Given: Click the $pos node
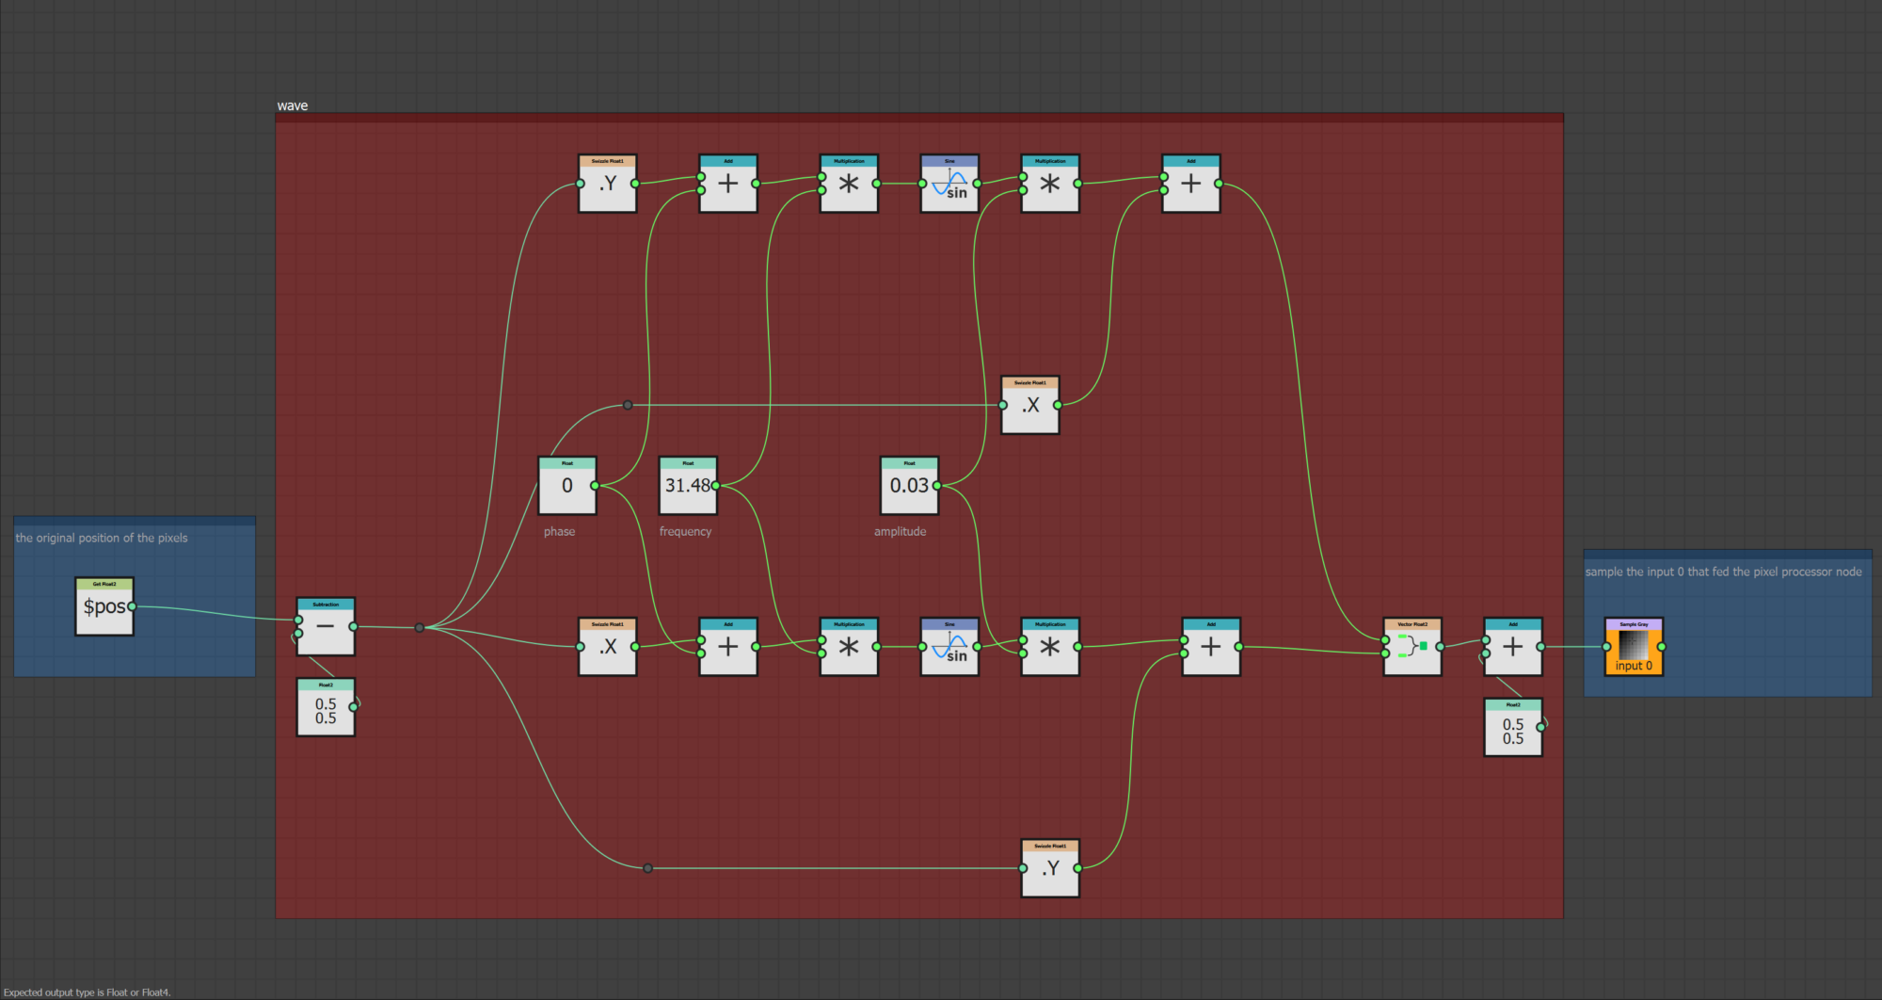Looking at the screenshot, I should point(104,607).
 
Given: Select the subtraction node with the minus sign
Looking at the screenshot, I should point(326,627).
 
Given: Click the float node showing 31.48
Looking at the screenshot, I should point(688,486).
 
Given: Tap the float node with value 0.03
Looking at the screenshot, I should point(909,486).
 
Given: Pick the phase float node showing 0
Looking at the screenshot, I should point(566,486).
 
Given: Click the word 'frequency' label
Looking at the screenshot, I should point(685,532).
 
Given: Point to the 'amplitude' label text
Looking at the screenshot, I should point(900,532).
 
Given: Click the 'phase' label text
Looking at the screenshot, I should point(559,532).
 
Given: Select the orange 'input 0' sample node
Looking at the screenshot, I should point(1634,648).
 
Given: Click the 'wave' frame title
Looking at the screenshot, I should point(293,105).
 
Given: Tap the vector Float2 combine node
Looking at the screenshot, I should point(1411,647).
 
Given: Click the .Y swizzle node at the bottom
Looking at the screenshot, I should point(1050,869).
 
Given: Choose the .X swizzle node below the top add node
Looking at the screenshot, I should point(1030,406).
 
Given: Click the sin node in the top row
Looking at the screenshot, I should point(949,185).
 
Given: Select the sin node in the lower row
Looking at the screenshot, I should point(949,648).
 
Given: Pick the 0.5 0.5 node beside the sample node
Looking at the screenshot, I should point(1512,729).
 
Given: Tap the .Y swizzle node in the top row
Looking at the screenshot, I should point(607,185).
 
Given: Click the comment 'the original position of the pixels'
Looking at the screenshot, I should point(102,539).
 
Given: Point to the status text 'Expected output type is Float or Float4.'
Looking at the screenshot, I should point(87,992).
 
